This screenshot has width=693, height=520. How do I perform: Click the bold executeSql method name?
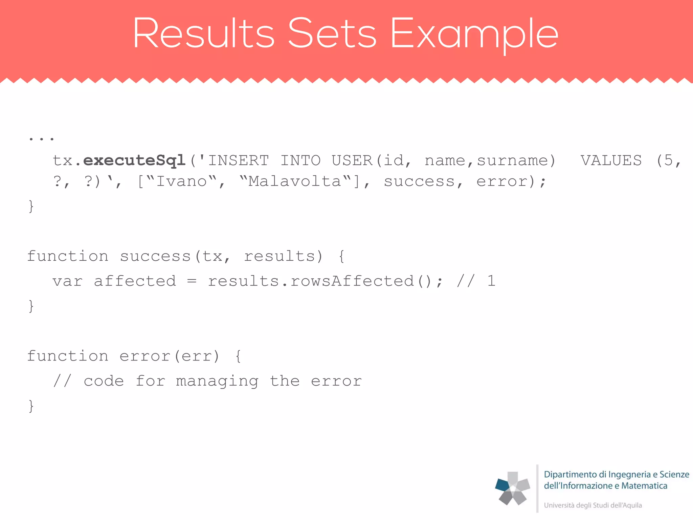[x=134, y=160]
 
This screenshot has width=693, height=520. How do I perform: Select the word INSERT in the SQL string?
[x=238, y=160]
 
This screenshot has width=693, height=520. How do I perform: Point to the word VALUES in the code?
[x=611, y=160]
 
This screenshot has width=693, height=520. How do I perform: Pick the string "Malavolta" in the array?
[x=295, y=181]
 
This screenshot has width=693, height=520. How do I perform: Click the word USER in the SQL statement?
[x=352, y=160]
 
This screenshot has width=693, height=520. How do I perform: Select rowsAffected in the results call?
[x=352, y=281]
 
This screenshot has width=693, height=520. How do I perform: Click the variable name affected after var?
[x=135, y=281]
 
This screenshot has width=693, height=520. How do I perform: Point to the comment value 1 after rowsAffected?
[x=491, y=281]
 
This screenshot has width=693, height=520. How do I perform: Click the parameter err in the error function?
[x=197, y=356]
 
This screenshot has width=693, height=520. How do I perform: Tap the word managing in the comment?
[x=217, y=382]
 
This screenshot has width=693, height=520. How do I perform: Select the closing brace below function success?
[x=31, y=306]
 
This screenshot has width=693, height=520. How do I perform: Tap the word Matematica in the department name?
[x=644, y=486]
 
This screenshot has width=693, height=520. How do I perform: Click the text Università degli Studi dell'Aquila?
[x=593, y=505]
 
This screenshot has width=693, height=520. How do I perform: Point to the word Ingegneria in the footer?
[x=629, y=475]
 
